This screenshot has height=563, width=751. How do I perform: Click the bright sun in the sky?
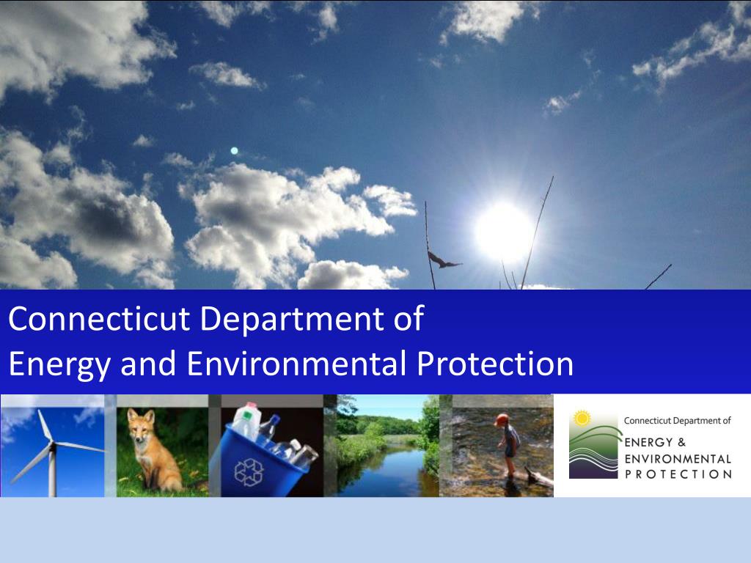click(x=503, y=232)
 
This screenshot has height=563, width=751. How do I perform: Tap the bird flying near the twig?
click(x=444, y=260)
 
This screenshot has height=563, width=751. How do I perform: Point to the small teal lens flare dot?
click(x=234, y=151)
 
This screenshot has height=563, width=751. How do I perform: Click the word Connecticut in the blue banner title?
click(x=99, y=318)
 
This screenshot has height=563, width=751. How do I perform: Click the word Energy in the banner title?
click(x=59, y=365)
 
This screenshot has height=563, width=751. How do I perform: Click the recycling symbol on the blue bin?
click(x=249, y=472)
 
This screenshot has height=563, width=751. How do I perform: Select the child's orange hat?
click(x=502, y=420)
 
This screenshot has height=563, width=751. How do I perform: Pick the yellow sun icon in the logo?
click(x=582, y=419)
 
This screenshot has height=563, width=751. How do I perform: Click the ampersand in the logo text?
click(x=681, y=442)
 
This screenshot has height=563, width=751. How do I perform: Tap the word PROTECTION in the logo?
click(x=678, y=474)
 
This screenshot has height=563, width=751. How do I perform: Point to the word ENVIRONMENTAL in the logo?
click(x=678, y=459)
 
